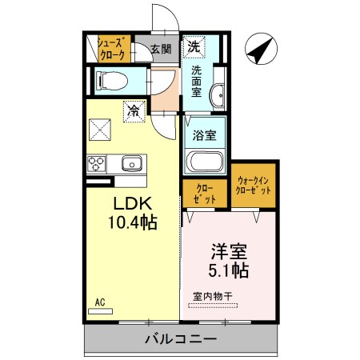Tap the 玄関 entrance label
161,49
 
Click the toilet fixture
108,81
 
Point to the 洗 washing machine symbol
194,47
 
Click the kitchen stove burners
97,165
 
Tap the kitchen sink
131,165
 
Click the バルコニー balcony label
181,339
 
